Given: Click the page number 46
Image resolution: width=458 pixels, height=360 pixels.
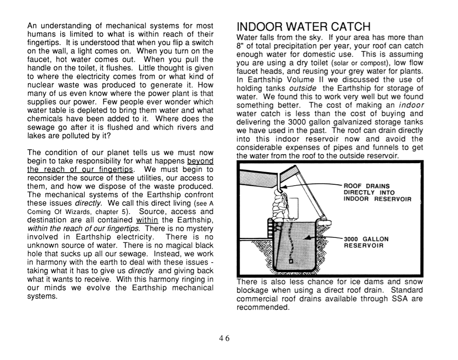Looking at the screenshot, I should click(224, 339).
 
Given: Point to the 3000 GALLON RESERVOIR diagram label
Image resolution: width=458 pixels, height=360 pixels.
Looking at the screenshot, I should click(366, 242).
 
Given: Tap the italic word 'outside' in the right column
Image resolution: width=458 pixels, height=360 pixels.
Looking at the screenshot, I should click(302, 88).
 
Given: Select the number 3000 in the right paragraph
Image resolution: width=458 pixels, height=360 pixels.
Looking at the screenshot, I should click(297, 122).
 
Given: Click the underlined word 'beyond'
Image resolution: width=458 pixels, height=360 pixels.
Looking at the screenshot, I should click(200, 161).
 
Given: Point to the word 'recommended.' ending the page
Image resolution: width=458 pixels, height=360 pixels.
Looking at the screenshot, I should click(263, 307).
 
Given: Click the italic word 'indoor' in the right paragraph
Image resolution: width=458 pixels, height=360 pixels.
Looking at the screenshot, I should click(411, 105).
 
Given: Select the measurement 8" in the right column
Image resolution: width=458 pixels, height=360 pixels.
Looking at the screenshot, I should click(241, 46).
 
